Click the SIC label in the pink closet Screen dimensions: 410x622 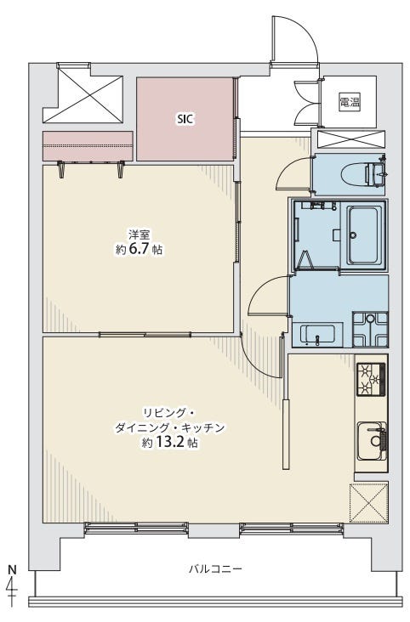pos(185,119)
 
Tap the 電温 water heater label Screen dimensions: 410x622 pos(350,102)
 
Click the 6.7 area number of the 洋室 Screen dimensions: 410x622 pos(140,249)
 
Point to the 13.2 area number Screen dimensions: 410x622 pos(172,443)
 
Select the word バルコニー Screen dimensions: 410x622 pos(216,569)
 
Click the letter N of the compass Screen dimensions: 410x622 pos(13,569)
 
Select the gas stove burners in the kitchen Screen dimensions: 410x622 pos(371,380)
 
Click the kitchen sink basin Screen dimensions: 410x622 pos(371,441)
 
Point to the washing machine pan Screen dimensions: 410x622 pos(370,329)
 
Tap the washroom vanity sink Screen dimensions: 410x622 pos(316,335)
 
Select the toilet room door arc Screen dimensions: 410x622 pos(284,168)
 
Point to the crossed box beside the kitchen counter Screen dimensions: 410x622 pos(368,502)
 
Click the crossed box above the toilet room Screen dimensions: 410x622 pos(350,139)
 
